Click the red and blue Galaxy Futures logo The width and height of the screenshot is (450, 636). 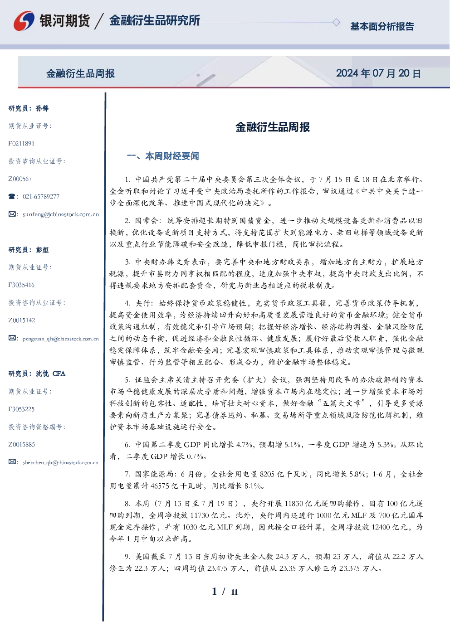pyautogui.click(x=24, y=21)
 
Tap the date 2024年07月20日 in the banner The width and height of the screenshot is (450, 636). pyautogui.click(x=378, y=73)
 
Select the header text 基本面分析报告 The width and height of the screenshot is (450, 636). pyautogui.click(x=382, y=26)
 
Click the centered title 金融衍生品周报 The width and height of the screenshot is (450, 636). pyautogui.click(x=273, y=127)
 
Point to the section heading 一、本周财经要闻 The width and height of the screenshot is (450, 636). pyautogui.click(x=163, y=156)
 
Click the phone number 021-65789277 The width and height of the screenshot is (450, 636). pyautogui.click(x=41, y=196)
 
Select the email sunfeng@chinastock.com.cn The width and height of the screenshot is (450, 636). pyautogui.click(x=61, y=214)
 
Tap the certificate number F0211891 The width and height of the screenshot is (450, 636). pyautogui.click(x=21, y=143)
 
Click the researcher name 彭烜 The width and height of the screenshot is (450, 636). pyautogui.click(x=42, y=250)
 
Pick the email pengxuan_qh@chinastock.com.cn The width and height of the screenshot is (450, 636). pyautogui.click(x=61, y=339)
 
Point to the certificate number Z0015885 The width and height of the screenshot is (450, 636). pyautogui.click(x=22, y=445)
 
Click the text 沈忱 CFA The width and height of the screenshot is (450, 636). pyautogui.click(x=50, y=374)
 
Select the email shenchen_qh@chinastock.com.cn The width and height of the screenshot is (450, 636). pyautogui.click(x=60, y=462)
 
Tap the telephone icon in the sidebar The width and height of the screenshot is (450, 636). pyautogui.click(x=12, y=196)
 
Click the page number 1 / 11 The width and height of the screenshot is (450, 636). pyautogui.click(x=225, y=592)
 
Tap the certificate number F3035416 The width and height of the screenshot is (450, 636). pyautogui.click(x=21, y=285)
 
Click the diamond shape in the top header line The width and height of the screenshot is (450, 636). pyautogui.click(x=336, y=22)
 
